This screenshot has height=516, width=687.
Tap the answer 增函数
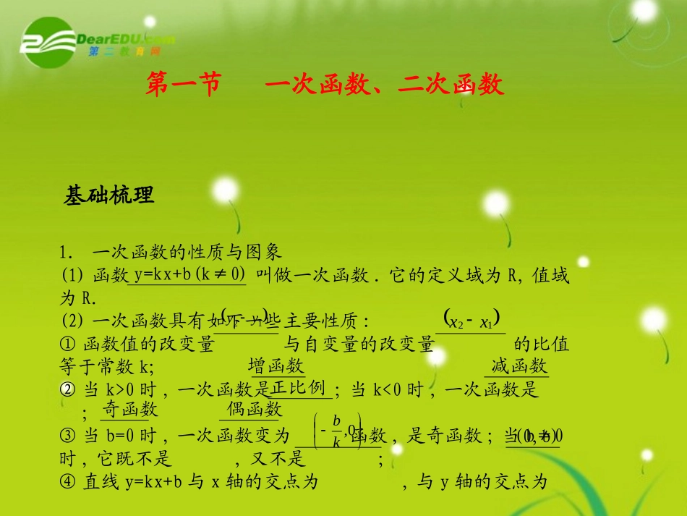tap(276, 365)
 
